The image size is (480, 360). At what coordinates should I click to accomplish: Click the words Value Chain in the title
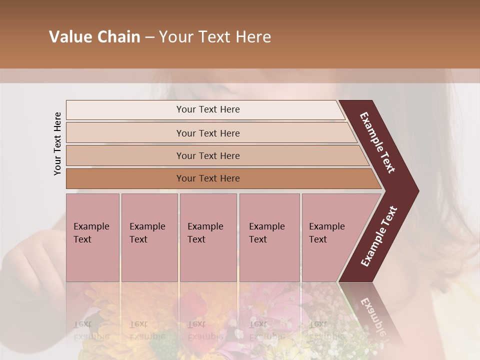[94, 37]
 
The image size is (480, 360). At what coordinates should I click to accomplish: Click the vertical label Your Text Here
[57, 143]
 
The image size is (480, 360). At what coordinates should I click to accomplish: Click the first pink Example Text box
[92, 237]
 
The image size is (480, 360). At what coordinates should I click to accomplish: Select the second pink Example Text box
[149, 237]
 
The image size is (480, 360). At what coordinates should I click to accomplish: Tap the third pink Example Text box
[208, 237]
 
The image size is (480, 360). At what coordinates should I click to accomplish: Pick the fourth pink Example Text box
[269, 237]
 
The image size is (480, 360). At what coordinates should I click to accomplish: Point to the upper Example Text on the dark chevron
[377, 142]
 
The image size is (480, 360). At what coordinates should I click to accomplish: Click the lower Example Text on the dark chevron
[379, 236]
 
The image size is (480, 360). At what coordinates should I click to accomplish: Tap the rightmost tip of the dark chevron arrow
[417, 191]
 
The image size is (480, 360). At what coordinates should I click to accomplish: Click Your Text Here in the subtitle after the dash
[215, 37]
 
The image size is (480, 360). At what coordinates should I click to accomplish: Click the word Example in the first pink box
[91, 226]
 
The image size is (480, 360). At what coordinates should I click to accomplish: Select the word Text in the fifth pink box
[318, 239]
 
